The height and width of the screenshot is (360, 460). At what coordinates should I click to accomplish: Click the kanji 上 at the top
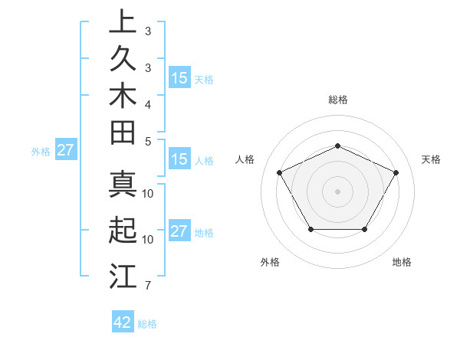click(122, 21)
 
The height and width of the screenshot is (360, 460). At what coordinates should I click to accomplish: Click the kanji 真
click(122, 184)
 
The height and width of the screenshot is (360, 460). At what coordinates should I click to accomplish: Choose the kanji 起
click(122, 231)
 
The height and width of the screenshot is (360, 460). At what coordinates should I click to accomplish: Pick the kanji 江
click(122, 275)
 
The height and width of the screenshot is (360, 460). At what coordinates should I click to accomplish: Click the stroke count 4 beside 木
click(147, 104)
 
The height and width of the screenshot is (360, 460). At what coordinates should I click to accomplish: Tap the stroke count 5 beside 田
click(147, 141)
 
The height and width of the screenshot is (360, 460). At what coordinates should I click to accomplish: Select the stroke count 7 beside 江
click(147, 286)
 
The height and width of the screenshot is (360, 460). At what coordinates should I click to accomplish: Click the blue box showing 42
click(123, 322)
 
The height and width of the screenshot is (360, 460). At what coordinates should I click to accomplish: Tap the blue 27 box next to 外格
click(65, 150)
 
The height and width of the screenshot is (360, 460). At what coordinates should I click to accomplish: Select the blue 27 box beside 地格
click(179, 232)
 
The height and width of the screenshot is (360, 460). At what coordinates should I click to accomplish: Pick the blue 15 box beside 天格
click(179, 77)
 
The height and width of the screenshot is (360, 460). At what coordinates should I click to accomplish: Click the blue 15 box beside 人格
click(179, 160)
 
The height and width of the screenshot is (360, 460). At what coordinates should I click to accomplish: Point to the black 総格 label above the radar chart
click(337, 100)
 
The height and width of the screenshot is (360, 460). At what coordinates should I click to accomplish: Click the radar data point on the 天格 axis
click(396, 172)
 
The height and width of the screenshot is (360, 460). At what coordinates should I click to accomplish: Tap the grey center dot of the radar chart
click(337, 191)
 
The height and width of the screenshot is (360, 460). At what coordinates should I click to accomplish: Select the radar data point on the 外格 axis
click(310, 229)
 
